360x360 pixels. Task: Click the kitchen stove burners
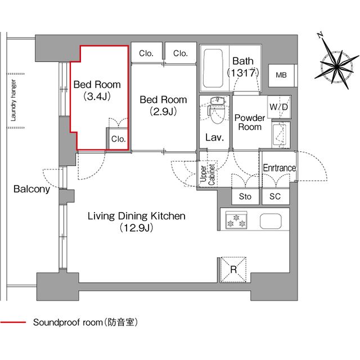(235, 220)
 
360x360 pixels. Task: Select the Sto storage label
(245, 197)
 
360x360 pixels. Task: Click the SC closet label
(275, 197)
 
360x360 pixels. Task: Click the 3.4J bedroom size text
(97, 96)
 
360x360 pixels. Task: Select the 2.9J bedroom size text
(163, 111)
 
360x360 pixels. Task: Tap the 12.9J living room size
(136, 228)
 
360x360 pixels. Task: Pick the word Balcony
(31, 190)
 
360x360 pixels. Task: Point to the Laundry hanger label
(12, 96)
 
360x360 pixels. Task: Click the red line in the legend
(13, 323)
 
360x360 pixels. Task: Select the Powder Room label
(249, 122)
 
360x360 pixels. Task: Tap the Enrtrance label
(279, 168)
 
